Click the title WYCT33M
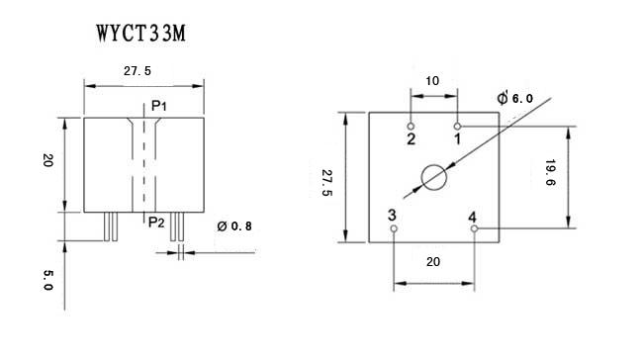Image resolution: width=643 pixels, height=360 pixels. point(141,34)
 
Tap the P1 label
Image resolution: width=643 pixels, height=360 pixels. point(159,106)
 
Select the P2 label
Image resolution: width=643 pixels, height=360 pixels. point(156,223)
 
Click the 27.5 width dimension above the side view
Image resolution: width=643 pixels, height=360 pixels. point(138,71)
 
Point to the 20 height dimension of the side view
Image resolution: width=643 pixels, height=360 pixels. point(48,160)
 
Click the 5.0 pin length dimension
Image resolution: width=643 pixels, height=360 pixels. point(48,280)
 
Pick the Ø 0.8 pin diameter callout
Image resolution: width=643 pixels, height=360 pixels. point(234,225)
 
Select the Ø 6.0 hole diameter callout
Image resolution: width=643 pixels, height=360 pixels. point(515,98)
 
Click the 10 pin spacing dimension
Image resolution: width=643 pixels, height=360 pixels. point(432,81)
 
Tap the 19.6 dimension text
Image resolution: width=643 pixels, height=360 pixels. point(550,173)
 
